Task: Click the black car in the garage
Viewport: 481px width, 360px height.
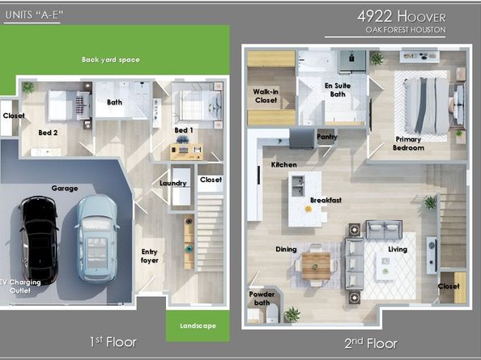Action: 39,240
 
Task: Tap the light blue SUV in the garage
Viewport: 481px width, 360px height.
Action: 96,239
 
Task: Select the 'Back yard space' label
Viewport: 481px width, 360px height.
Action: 111,60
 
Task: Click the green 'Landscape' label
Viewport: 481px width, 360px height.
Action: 198,326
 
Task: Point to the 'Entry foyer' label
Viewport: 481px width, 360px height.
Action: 149,256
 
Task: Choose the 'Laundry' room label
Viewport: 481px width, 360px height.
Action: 173,183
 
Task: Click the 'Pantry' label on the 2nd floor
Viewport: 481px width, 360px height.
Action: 327,137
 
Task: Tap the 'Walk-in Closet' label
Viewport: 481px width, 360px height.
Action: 266,95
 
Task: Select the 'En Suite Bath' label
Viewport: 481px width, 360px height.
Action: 338,90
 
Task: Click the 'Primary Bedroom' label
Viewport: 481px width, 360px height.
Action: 408,143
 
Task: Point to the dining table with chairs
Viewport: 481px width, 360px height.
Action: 316,265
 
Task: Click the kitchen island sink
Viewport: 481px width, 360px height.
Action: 298,186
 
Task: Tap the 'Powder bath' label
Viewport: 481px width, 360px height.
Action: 262,299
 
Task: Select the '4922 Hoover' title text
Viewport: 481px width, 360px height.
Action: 402,16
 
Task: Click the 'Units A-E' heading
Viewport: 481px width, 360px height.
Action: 34,15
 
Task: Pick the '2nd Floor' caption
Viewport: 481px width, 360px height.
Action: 371,343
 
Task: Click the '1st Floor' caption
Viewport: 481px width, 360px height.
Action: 113,342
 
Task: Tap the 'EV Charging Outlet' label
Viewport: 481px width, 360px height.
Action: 20,286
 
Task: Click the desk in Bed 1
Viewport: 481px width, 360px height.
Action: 186,151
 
